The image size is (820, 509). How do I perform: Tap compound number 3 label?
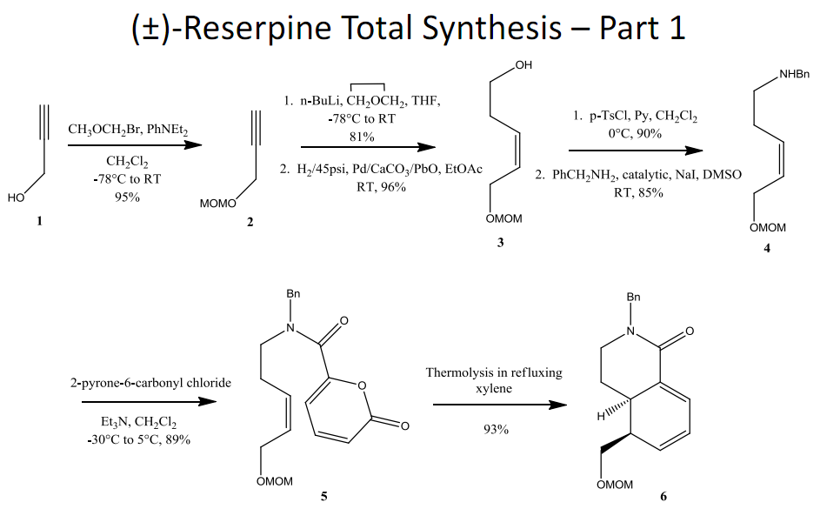click(500, 244)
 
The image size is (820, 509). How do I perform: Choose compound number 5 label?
click(323, 496)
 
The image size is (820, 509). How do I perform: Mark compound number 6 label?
click(663, 497)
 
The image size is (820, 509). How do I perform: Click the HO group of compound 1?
click(16, 198)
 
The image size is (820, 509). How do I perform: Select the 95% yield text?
click(127, 198)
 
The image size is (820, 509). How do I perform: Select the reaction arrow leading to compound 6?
click(493, 405)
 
